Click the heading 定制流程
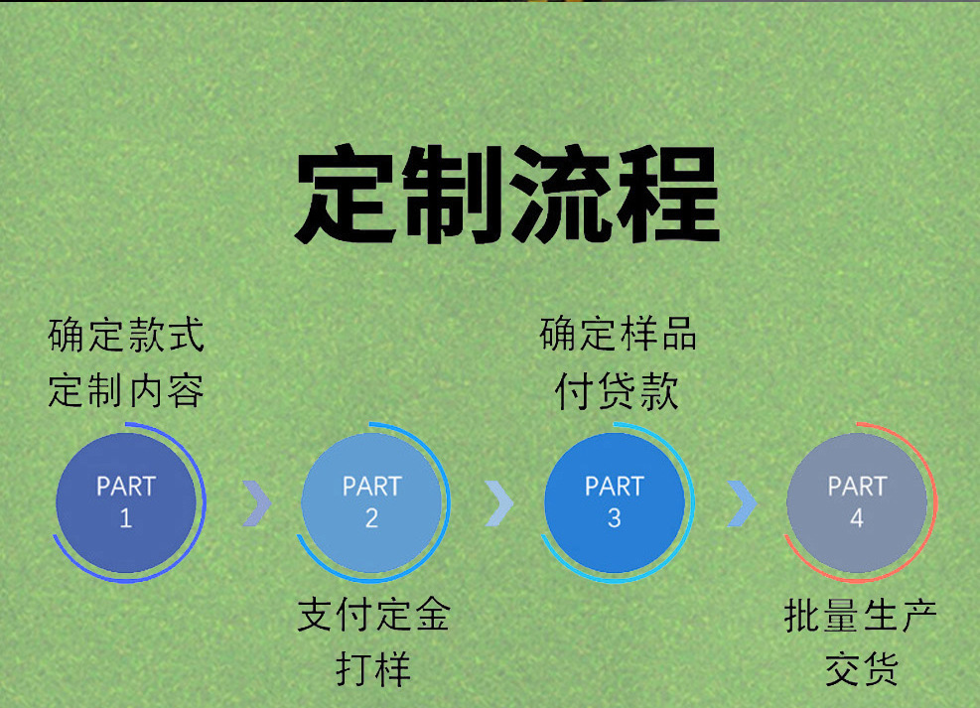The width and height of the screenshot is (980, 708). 506,197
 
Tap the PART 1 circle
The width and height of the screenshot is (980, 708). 126,501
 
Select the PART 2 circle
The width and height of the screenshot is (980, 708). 371,501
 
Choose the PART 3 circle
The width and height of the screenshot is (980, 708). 614,501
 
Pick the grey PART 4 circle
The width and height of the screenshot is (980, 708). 856,501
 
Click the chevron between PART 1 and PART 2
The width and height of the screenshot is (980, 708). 256,503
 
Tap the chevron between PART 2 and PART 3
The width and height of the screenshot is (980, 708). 499,503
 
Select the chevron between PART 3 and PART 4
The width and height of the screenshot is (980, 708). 741,503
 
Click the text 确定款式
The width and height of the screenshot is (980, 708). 126,336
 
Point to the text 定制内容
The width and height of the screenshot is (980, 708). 126,390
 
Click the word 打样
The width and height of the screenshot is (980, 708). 373,669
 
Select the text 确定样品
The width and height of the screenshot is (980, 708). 618,336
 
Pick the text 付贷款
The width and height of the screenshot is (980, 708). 618,390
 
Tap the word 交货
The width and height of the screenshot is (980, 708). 860,669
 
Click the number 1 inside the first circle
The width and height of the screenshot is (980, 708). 126,518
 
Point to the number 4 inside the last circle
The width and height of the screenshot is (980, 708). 856,518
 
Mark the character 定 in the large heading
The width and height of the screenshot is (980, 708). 347,197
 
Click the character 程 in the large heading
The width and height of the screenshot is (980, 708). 666,197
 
